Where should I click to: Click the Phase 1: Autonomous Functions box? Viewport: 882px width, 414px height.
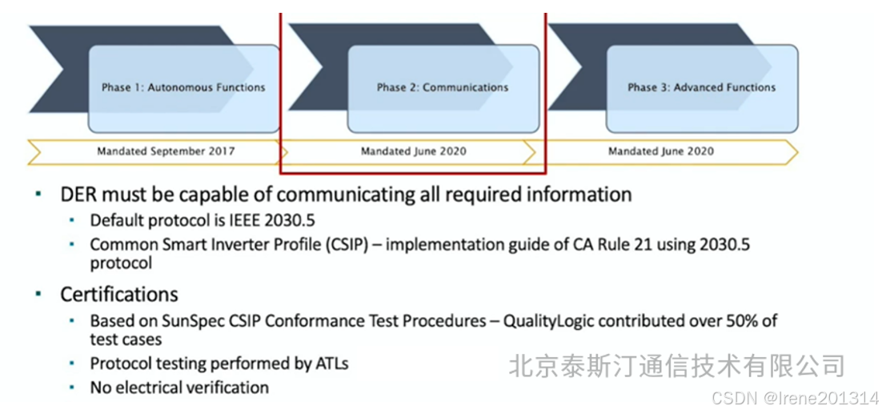pyautogui.click(x=183, y=87)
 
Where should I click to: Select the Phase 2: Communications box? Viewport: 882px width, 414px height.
pyautogui.click(x=443, y=87)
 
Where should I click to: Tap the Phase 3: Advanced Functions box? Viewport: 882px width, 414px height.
pyautogui.click(x=701, y=87)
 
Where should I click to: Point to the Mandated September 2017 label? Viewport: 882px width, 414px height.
pyautogui.click(x=166, y=151)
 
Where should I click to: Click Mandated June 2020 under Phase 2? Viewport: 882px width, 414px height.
pyautogui.click(x=413, y=151)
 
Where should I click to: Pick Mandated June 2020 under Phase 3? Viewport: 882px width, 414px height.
pyautogui.click(x=660, y=151)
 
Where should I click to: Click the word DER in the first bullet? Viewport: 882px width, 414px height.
pyautogui.click(x=78, y=195)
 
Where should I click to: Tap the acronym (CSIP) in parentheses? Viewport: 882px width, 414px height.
pyautogui.click(x=351, y=244)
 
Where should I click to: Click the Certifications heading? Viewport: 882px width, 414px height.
pyautogui.click(x=119, y=294)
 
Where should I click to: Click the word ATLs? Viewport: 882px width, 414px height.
pyautogui.click(x=332, y=364)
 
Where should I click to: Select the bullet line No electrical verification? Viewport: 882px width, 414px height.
pyautogui.click(x=179, y=388)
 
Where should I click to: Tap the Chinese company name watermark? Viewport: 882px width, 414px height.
pyautogui.click(x=676, y=366)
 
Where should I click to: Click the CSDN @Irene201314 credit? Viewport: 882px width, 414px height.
pyautogui.click(x=795, y=398)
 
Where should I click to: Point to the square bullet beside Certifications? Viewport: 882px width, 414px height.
pyautogui.click(x=38, y=294)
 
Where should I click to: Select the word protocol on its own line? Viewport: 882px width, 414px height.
pyautogui.click(x=121, y=263)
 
